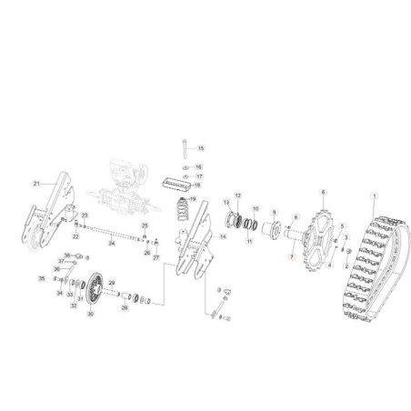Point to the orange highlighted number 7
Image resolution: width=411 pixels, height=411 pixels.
pos(289,258)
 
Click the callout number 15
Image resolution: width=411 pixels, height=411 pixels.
pos(202,147)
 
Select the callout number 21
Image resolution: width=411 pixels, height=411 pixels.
pos(37,184)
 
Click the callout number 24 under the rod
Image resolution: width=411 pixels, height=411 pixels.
pos(111,244)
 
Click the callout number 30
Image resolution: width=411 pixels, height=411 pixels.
pos(90,314)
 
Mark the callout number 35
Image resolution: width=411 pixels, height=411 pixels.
pos(39,278)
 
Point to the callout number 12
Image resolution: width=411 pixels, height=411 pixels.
pos(238,195)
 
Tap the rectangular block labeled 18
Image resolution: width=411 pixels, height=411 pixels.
pos(179,185)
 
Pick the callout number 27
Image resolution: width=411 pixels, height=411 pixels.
pos(155,258)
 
